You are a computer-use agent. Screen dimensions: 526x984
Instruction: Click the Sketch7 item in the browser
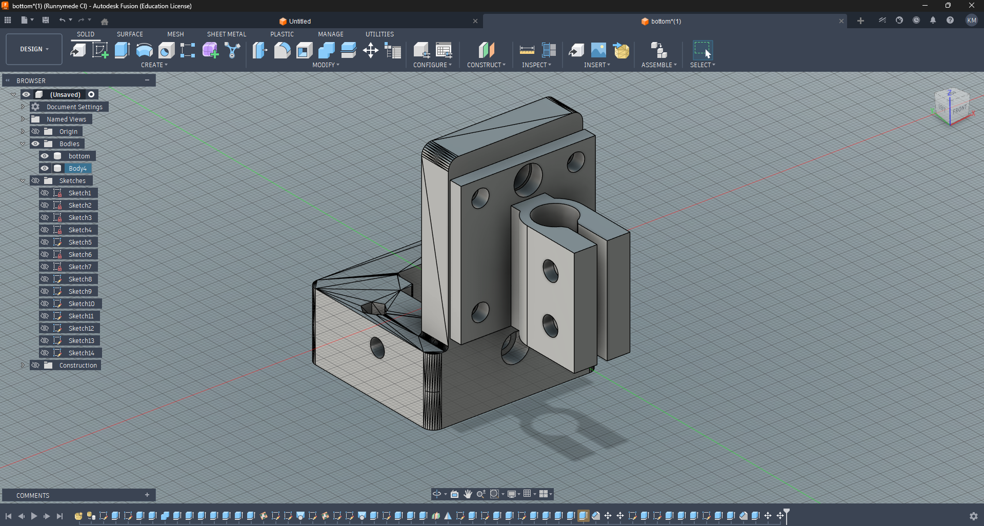pyautogui.click(x=79, y=267)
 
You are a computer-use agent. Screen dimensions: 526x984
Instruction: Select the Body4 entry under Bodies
pyautogui.click(x=77, y=168)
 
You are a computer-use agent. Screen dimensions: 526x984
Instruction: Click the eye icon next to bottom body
pyautogui.click(x=45, y=156)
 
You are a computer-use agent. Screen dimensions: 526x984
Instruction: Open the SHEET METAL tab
pyautogui.click(x=226, y=34)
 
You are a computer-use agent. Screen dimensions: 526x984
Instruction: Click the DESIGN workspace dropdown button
pyautogui.click(x=34, y=49)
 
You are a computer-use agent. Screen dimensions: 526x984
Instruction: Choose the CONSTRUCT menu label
pyautogui.click(x=486, y=65)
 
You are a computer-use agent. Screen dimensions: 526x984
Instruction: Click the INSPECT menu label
pyautogui.click(x=536, y=65)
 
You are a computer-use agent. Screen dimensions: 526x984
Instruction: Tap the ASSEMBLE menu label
pyautogui.click(x=658, y=65)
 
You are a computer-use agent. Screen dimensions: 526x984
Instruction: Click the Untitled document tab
pyautogui.click(x=299, y=21)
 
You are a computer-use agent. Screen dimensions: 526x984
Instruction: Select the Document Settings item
pyautogui.click(x=74, y=107)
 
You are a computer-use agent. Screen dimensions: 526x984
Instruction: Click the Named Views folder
pyautogui.click(x=66, y=119)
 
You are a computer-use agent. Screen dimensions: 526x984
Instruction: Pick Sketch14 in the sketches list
pyautogui.click(x=81, y=353)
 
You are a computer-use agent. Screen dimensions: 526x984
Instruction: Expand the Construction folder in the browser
pyautogui.click(x=23, y=365)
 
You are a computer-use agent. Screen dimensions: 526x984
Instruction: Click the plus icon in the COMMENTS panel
pyautogui.click(x=147, y=495)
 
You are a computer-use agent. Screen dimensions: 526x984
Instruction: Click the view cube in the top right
pyautogui.click(x=952, y=107)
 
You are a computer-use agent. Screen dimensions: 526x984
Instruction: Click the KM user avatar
pyautogui.click(x=971, y=20)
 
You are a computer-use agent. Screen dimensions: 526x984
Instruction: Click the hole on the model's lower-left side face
pyautogui.click(x=377, y=348)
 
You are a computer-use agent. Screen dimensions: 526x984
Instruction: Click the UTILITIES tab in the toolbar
pyautogui.click(x=379, y=34)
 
